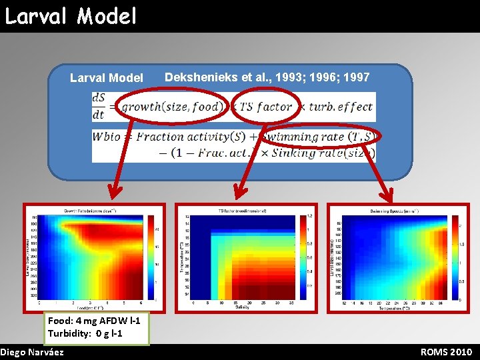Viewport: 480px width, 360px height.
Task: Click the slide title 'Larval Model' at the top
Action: tap(71, 15)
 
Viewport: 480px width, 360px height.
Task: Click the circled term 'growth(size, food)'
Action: tap(170, 107)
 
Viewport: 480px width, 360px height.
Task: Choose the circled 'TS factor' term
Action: tap(265, 107)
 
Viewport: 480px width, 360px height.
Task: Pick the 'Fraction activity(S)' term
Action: tap(188, 137)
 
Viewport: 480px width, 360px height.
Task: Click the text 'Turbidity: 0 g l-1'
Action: tap(85, 333)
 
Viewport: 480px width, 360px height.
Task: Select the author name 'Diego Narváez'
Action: tap(33, 352)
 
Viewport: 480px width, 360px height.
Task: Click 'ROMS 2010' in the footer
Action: tap(446, 352)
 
